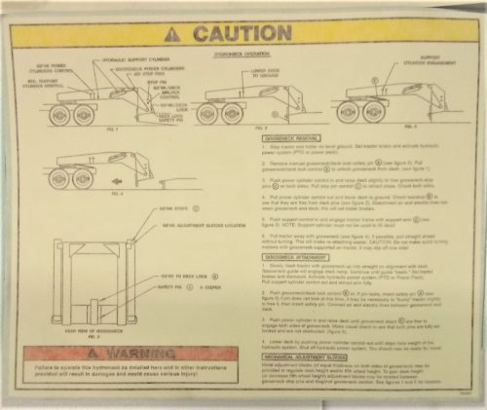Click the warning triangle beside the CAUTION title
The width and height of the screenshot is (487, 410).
[174, 33]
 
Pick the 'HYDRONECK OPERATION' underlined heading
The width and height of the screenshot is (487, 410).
[270, 56]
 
